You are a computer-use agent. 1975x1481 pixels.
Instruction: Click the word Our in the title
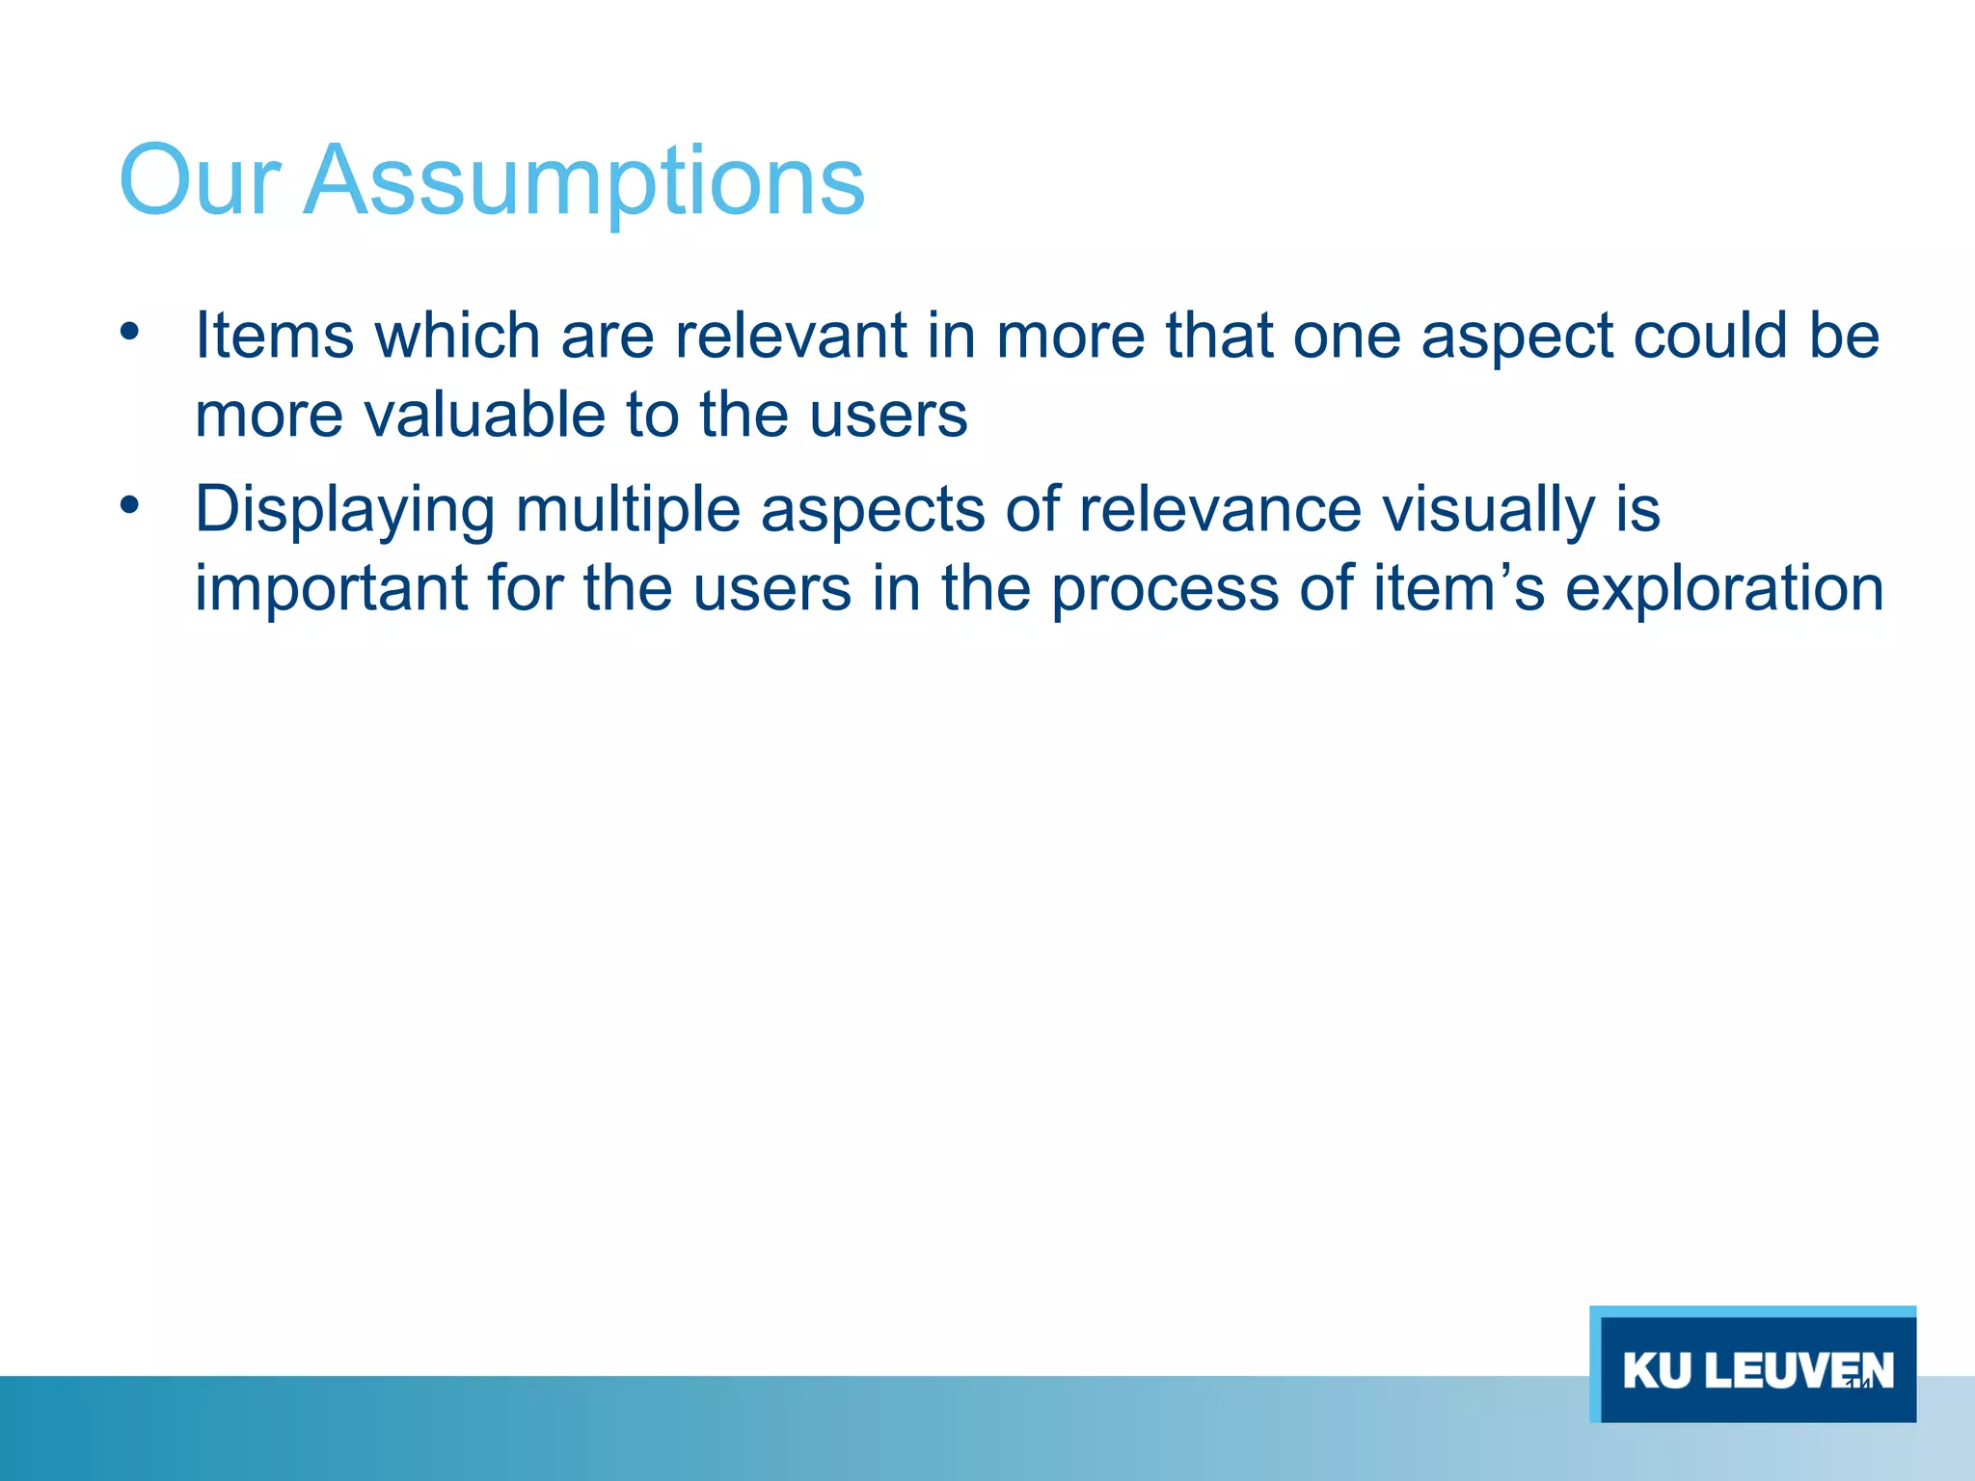pos(199,181)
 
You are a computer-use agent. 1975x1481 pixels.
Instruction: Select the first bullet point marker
pos(130,333)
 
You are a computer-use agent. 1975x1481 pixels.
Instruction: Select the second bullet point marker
pos(130,505)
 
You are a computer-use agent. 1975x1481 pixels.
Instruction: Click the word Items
pos(274,336)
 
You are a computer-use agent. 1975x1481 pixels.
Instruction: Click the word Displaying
pos(344,510)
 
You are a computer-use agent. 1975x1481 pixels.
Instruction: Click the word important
pos(331,588)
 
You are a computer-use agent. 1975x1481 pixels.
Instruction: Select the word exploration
pos(1723,588)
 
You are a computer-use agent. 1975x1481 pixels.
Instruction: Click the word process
pos(1164,590)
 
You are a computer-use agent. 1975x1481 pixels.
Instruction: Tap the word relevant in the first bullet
pos(790,336)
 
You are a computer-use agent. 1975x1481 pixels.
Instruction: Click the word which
pos(457,336)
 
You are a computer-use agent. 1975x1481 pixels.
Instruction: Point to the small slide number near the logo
pos(1858,1384)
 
